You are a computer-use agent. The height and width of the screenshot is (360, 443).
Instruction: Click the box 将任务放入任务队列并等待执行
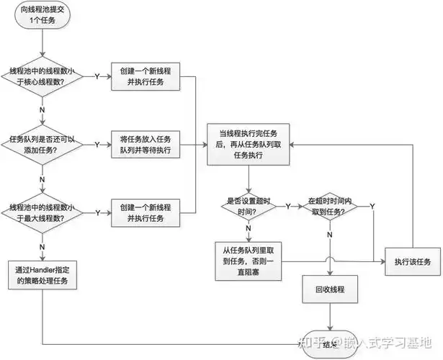point(144,145)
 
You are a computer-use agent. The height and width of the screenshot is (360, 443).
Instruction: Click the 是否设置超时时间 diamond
point(249,206)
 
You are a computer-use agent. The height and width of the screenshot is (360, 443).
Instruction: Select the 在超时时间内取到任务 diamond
point(330,206)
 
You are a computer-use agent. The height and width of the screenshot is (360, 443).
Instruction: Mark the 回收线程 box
point(330,290)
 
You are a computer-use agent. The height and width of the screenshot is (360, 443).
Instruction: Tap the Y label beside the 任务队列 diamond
point(97,145)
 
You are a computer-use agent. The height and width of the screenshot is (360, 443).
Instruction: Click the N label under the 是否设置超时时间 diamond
point(249,230)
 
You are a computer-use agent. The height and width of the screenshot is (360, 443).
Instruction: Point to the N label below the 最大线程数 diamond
point(42,243)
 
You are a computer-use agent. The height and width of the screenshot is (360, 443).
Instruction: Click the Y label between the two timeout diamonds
point(288,206)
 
